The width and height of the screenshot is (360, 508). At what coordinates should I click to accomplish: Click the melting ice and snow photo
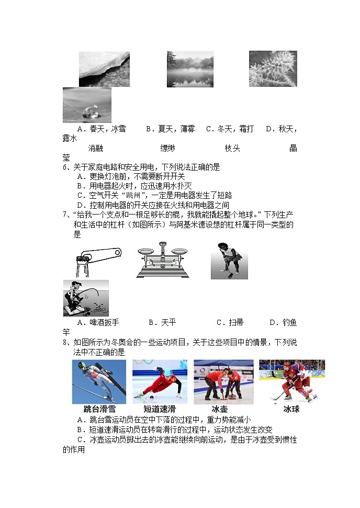tap(104, 69)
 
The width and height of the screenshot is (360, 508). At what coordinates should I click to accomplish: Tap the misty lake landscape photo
tap(190, 69)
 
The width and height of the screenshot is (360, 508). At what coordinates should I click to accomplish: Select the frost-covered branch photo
tap(273, 69)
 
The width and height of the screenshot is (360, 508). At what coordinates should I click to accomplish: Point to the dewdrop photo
tap(87, 105)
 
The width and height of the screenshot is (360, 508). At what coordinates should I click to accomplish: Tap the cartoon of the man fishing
tap(86, 298)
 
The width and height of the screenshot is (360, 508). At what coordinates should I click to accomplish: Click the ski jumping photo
tap(99, 381)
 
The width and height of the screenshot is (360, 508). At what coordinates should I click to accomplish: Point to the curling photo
tap(223, 381)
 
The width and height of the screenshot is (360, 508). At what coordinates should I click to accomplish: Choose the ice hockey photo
tap(291, 381)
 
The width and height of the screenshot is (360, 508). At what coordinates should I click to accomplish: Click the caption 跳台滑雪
tap(99, 409)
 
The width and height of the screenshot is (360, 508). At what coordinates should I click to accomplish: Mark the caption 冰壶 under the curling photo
tap(220, 409)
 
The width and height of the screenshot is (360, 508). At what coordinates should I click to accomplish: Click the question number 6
tap(65, 167)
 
